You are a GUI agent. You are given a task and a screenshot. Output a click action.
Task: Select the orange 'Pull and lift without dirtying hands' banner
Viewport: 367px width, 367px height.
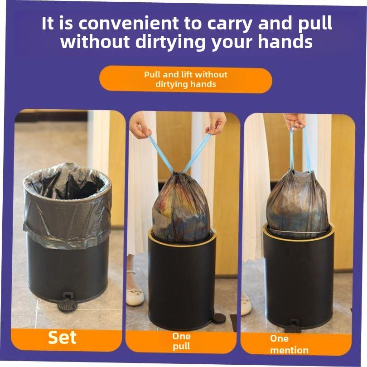pos(186,79)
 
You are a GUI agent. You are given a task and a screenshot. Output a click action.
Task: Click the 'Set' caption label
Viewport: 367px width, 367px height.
pos(63,338)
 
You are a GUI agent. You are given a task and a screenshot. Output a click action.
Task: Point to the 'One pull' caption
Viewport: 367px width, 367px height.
pos(181,342)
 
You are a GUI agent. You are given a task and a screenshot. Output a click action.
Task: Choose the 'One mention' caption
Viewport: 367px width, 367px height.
pos(289,344)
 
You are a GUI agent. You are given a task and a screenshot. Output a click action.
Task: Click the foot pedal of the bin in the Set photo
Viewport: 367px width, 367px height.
pos(68,302)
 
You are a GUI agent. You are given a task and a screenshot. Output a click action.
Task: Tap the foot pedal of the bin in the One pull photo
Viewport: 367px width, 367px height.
pos(218,317)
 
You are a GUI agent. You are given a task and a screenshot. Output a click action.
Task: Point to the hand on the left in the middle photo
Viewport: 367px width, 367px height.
pos(140,126)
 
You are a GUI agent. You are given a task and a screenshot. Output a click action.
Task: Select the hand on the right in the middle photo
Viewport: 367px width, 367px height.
pos(215,123)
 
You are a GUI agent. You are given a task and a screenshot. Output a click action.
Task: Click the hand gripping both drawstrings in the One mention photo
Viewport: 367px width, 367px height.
pos(295,120)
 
